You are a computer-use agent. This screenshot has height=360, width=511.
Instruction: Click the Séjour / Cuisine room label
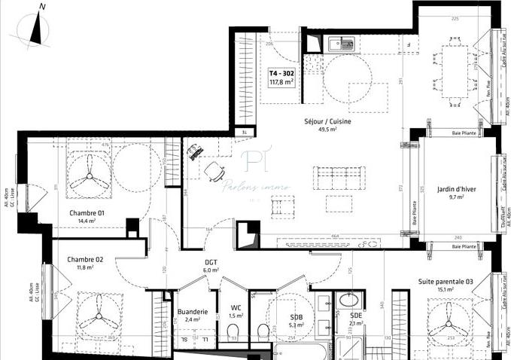[x=327, y=121]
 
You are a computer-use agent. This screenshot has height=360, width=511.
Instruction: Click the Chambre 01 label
[x=87, y=212]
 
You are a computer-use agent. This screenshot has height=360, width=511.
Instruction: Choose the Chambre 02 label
[x=84, y=258]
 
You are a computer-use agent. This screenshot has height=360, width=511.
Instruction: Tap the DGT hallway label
[x=211, y=262]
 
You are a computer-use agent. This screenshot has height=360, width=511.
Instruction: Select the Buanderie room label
[x=192, y=311]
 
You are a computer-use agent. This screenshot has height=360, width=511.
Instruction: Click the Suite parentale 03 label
[x=446, y=281]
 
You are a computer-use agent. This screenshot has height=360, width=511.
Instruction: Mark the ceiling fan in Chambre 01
[x=90, y=177]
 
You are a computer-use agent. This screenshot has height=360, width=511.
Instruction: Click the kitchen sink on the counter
[x=342, y=44]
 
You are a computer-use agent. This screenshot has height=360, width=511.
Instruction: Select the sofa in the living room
[x=339, y=178]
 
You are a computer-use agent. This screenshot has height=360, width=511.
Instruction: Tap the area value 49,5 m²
[x=327, y=130]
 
